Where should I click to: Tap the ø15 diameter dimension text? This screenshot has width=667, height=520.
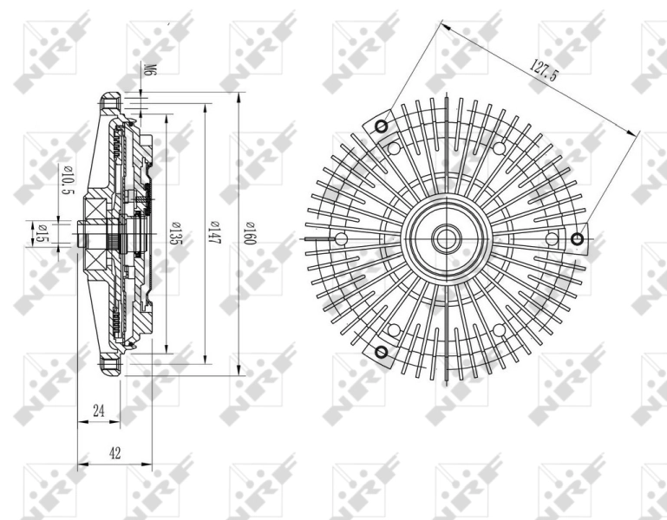click(x=39, y=233)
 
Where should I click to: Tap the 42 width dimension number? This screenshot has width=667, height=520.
click(x=114, y=452)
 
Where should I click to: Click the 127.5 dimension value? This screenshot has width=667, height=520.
click(x=543, y=70)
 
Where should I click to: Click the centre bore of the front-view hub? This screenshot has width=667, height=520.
click(x=446, y=238)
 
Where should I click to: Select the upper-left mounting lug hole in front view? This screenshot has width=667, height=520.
click(x=380, y=127)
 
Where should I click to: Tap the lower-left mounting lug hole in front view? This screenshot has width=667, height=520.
click(x=380, y=351)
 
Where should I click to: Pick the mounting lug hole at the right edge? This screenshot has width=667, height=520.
click(x=579, y=238)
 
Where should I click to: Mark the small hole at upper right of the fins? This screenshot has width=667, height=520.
click(x=499, y=148)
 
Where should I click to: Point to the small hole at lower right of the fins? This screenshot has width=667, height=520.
click(x=499, y=329)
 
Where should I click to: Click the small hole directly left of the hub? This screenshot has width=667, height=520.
click(x=341, y=239)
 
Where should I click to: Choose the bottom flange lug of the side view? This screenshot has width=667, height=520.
click(x=108, y=364)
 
